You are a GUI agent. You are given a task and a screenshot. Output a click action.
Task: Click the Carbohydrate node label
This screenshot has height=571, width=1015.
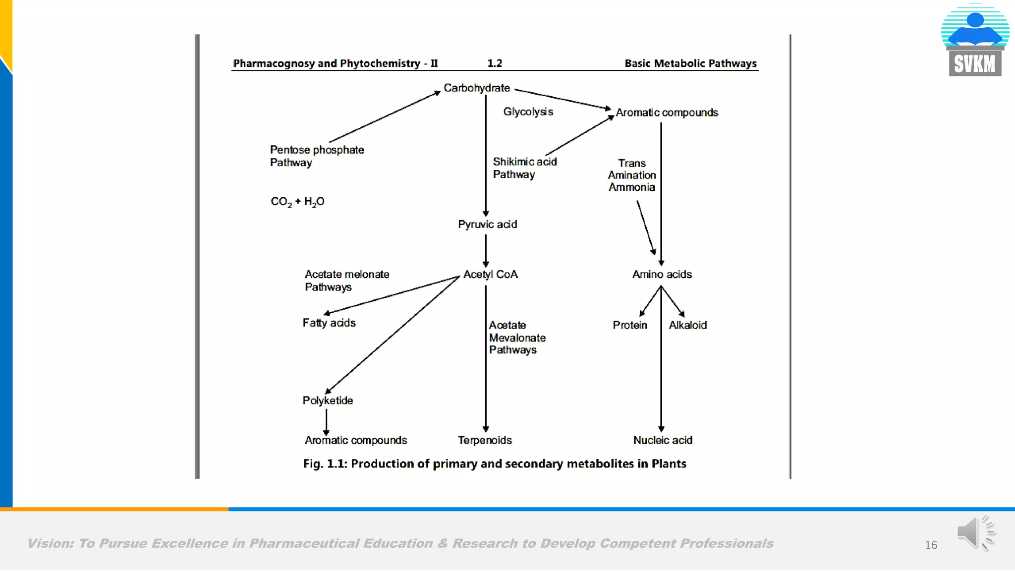(x=476, y=88)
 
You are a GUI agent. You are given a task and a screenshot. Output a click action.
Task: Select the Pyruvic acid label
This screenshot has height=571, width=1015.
(x=487, y=225)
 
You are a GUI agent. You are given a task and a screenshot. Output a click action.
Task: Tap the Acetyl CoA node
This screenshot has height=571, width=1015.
(x=490, y=275)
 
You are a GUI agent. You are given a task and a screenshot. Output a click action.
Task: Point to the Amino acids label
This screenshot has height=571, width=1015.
(x=662, y=275)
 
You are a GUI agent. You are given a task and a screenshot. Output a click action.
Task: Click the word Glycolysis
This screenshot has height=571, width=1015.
(x=528, y=112)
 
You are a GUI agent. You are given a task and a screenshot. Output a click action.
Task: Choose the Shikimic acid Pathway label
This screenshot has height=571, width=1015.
(x=524, y=168)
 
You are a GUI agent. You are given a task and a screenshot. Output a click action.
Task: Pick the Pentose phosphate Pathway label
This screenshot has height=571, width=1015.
(x=317, y=156)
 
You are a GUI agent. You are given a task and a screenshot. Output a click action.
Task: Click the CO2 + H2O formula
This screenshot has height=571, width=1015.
(x=297, y=202)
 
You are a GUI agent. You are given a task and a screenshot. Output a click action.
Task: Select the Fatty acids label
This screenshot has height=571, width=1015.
(x=329, y=323)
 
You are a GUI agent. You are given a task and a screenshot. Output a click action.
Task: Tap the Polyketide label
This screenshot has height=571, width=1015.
(x=328, y=400)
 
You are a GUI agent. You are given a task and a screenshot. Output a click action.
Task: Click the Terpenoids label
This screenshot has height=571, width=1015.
(x=485, y=440)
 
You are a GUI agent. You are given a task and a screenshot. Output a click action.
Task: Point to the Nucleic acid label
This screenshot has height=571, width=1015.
(x=663, y=440)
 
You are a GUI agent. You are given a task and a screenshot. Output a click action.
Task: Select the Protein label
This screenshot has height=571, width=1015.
(x=630, y=325)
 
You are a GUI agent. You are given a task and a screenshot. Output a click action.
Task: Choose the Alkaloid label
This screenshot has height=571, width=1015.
(x=687, y=325)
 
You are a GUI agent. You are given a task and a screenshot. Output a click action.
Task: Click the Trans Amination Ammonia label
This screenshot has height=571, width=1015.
(x=632, y=175)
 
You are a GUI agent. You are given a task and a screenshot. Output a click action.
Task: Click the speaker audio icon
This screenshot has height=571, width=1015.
(x=975, y=532)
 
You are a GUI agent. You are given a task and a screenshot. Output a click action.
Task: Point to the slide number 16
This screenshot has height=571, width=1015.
(x=931, y=545)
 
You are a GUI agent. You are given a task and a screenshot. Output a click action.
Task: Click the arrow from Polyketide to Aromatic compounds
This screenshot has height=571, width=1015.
(x=326, y=422)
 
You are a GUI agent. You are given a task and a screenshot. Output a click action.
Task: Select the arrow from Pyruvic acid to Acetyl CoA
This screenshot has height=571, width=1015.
(x=486, y=250)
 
